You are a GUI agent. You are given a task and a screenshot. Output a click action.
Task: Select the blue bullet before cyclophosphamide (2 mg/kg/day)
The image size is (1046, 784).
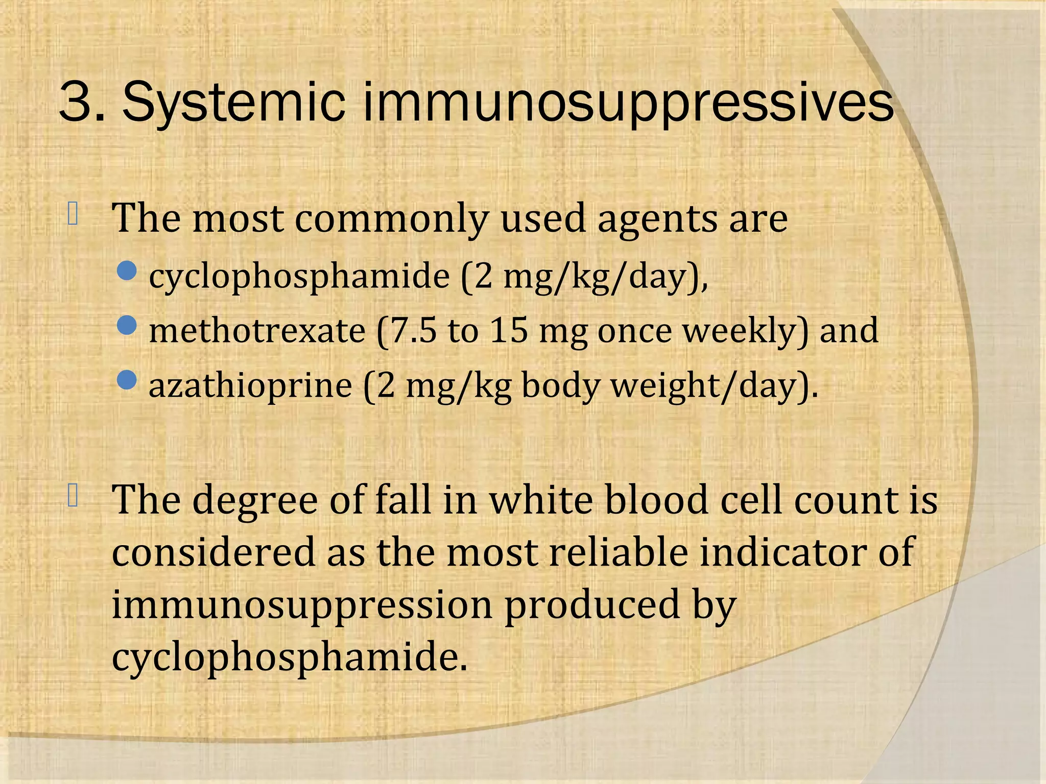coord(127,271)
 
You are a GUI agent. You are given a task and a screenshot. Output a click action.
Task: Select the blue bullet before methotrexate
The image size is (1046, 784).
coord(127,325)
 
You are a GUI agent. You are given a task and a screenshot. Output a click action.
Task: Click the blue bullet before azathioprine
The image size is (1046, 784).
coord(127,379)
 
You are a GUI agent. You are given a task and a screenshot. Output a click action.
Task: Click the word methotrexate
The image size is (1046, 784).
coord(257,330)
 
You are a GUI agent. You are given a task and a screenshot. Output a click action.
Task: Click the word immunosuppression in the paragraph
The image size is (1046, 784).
coord(302,606)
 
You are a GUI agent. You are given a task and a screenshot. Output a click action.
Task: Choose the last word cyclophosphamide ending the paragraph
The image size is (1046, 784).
coord(289,658)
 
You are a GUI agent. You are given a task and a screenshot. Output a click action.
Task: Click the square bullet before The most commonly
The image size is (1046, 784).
coord(73,214)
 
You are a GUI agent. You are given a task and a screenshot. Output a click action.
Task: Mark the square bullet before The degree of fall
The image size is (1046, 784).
coord(73,496)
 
